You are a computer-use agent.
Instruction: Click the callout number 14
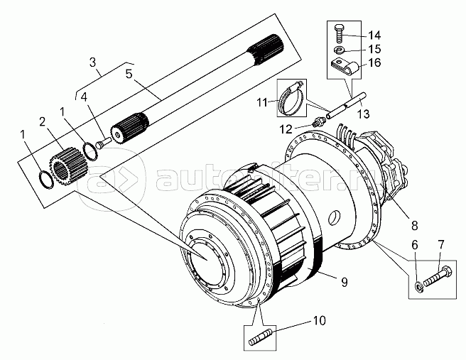pyautogui.click(x=374, y=36)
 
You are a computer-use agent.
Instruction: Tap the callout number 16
pyautogui.click(x=374, y=62)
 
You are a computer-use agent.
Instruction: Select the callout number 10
pyautogui.click(x=319, y=321)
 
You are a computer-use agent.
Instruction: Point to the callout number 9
pyautogui.click(x=344, y=282)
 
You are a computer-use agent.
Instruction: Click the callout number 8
pyautogui.click(x=415, y=226)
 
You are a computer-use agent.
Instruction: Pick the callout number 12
pyautogui.click(x=286, y=129)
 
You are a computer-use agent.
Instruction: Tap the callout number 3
pyautogui.click(x=93, y=62)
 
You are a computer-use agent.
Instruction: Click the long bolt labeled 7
pyautogui.click(x=437, y=276)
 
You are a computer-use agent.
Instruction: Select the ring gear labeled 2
pyautogui.click(x=67, y=167)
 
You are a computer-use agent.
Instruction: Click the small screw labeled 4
pyautogui.click(x=102, y=143)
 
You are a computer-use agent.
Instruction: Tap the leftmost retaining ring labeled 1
pyautogui.click(x=46, y=180)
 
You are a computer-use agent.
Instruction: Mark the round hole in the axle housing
pyautogui.click(x=335, y=217)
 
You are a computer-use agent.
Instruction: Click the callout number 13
pyautogui.click(x=363, y=114)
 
